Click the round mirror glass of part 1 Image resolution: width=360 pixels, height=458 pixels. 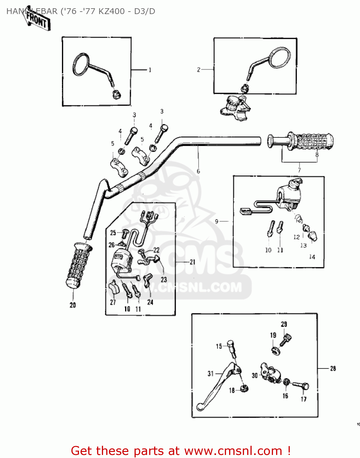[81, 64]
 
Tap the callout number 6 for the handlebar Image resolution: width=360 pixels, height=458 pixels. [198, 171]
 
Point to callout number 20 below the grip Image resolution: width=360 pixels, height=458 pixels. [73, 305]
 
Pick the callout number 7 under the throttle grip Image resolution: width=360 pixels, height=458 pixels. [299, 170]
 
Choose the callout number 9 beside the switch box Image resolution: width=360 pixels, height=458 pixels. [217, 221]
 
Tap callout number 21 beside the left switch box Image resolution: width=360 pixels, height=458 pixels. [192, 262]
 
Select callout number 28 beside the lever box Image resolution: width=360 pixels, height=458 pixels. [333, 369]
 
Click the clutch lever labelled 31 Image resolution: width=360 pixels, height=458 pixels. [217, 385]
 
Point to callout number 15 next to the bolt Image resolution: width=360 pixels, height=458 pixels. [219, 346]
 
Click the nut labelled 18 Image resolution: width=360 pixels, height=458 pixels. [244, 389]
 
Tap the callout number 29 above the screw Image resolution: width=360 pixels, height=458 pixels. [284, 324]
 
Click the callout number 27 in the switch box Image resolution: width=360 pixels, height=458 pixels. [113, 302]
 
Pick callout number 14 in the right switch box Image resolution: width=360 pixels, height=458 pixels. [312, 257]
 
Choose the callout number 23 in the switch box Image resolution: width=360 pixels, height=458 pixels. [164, 279]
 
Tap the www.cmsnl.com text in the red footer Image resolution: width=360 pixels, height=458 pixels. [233, 451]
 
